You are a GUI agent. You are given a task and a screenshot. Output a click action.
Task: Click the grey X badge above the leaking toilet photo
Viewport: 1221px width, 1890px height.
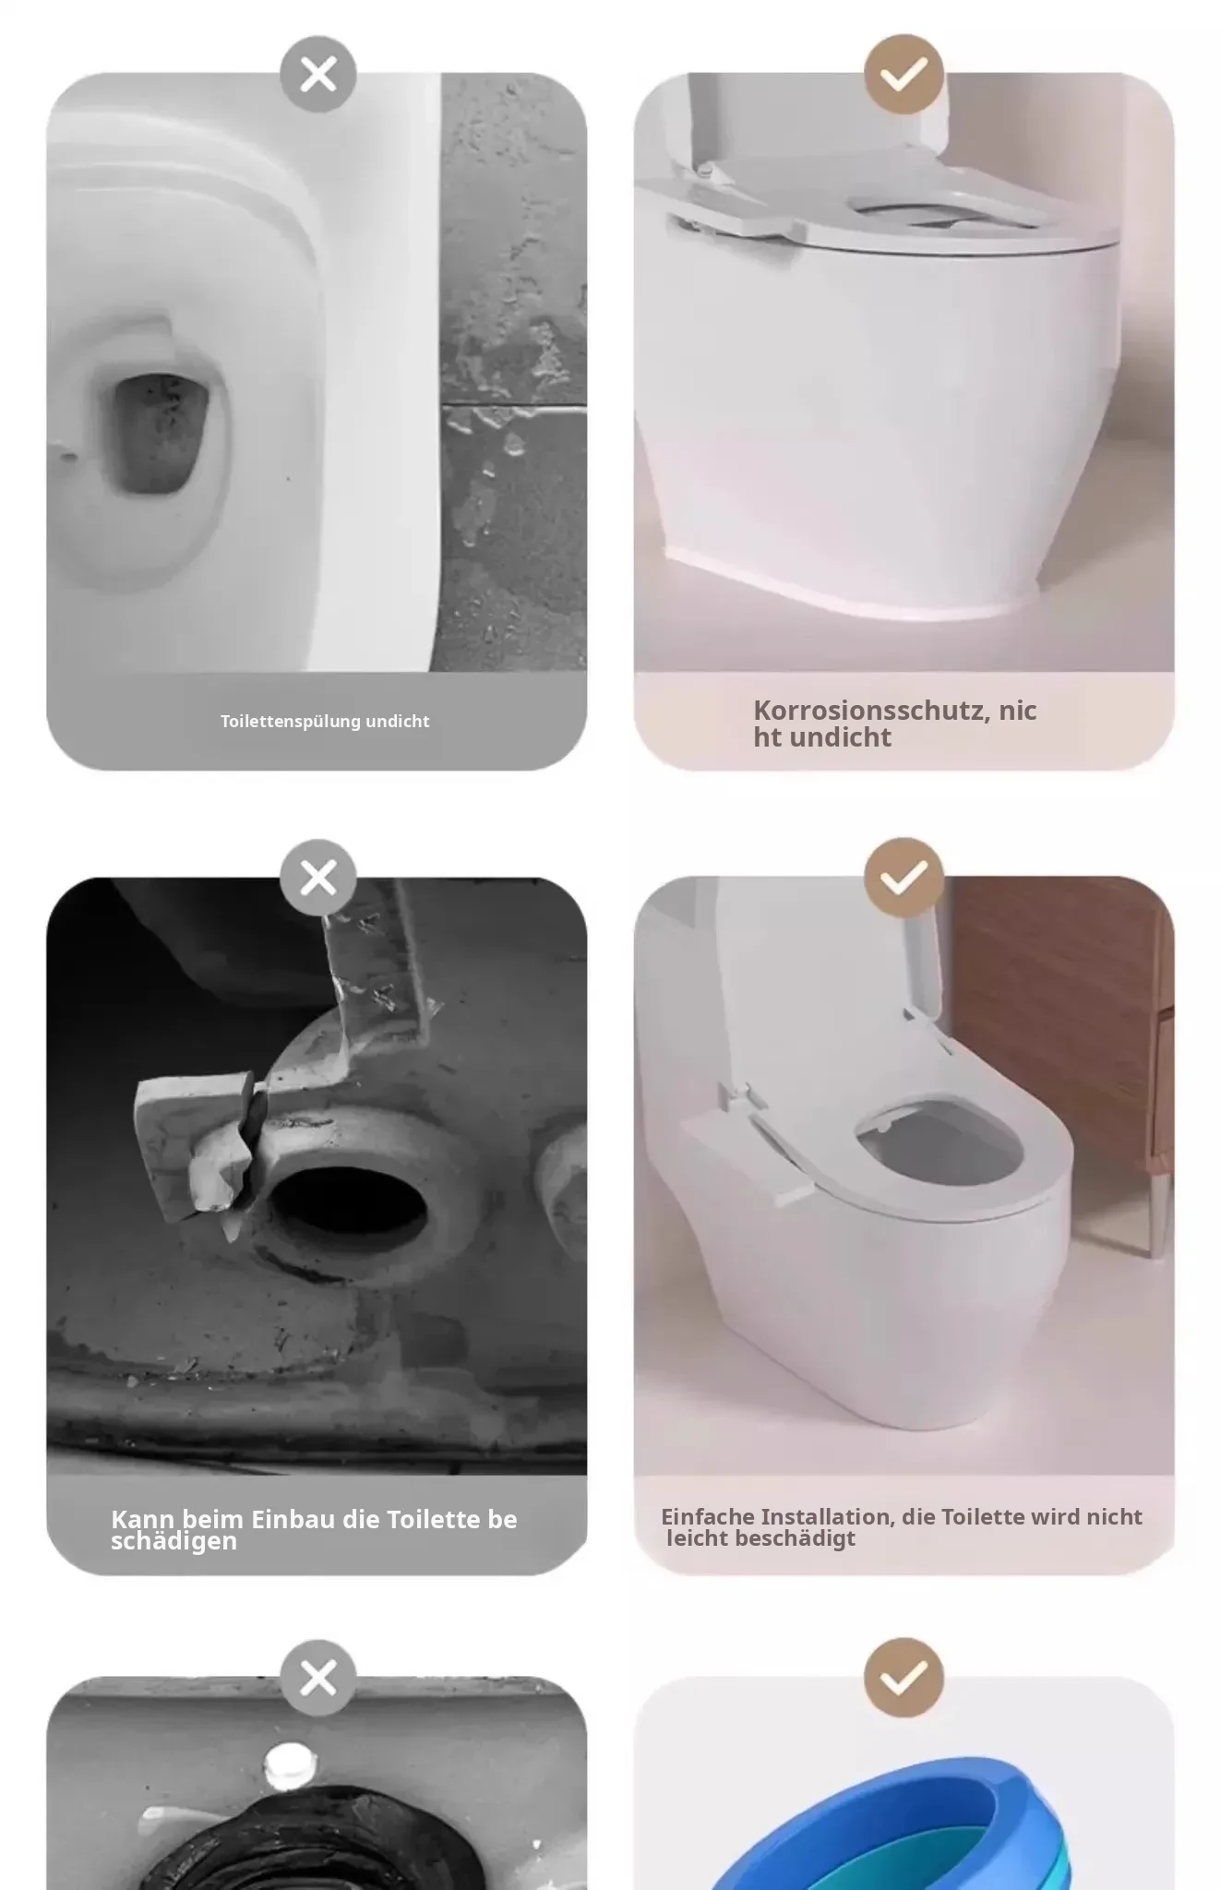point(318,75)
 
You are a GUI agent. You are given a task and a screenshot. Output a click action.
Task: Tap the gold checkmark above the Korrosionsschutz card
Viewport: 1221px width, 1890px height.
point(904,75)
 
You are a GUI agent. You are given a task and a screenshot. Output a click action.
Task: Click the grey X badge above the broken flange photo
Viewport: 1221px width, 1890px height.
point(318,878)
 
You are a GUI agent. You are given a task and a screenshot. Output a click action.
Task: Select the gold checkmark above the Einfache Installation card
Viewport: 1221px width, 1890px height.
point(904,878)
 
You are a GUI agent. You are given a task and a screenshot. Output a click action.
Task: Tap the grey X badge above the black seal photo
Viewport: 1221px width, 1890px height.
point(318,1679)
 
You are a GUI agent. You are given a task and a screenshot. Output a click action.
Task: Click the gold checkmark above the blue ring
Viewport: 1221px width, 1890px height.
point(904,1679)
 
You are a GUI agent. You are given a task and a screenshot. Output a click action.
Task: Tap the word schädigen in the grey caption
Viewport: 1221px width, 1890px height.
point(174,1541)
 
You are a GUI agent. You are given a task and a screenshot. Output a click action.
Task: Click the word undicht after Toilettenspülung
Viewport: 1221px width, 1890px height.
point(398,722)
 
